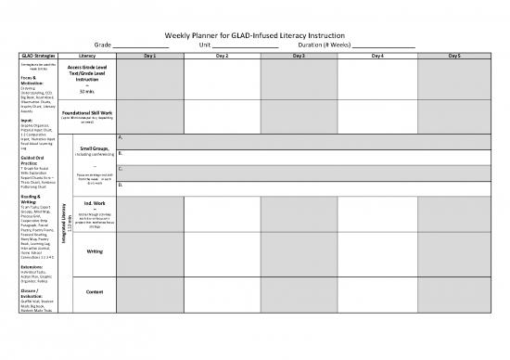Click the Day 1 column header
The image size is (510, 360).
coord(149,57)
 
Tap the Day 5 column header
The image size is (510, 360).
coord(454,57)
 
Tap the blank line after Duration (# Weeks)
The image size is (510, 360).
coord(383,45)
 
